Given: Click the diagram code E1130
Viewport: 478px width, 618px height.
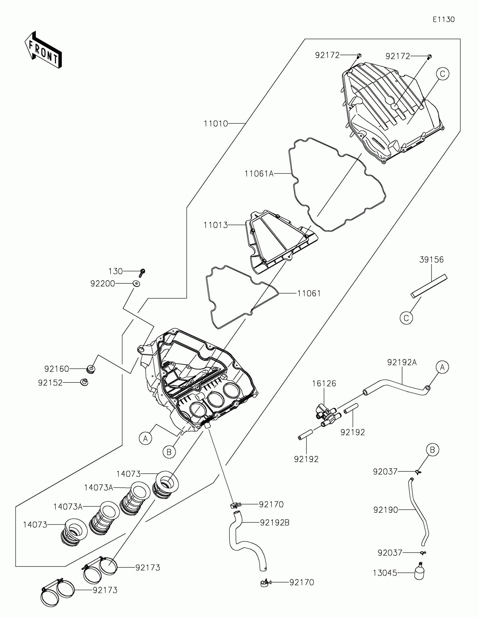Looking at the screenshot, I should (x=443, y=19).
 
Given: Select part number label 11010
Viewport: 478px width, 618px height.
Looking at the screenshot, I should (x=216, y=124).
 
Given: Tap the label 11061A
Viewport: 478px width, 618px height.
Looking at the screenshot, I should (x=259, y=173).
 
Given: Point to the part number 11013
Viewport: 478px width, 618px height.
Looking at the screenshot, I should (x=216, y=225).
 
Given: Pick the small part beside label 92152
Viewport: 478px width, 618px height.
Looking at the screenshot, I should (x=84, y=382).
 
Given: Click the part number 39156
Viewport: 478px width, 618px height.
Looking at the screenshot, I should (x=431, y=259).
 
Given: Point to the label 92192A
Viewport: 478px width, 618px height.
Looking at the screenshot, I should (x=402, y=362).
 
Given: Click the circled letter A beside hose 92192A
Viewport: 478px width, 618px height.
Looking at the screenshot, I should (x=442, y=367).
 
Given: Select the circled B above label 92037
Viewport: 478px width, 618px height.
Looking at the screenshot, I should (x=432, y=450).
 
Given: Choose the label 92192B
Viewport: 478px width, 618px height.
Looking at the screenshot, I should (x=274, y=523).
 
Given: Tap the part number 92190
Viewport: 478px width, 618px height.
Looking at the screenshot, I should (x=385, y=510).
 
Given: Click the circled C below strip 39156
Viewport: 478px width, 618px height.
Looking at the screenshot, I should (x=406, y=318).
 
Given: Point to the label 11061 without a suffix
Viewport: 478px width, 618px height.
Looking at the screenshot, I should (x=309, y=294).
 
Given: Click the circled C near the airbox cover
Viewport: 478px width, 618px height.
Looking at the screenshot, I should (x=442, y=74).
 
